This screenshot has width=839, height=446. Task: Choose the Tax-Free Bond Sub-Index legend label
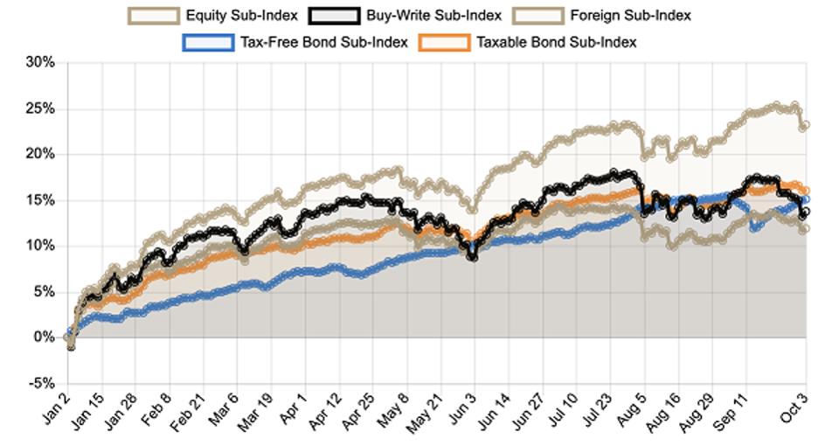click(x=322, y=42)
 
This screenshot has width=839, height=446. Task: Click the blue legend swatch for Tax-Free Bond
click(x=207, y=42)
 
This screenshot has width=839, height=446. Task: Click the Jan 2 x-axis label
click(x=53, y=411)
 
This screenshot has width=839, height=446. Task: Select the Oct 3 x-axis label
click(x=794, y=411)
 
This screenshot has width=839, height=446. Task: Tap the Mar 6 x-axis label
click(x=223, y=411)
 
